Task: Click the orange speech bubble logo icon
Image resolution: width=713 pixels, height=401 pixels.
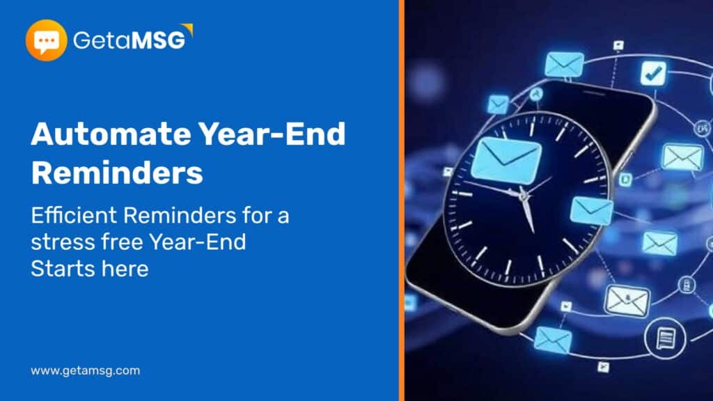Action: (x=46, y=40)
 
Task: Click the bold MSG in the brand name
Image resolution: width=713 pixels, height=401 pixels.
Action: (x=159, y=40)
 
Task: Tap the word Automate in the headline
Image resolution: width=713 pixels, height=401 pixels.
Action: (x=111, y=134)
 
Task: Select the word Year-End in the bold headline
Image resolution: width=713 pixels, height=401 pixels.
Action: (x=272, y=134)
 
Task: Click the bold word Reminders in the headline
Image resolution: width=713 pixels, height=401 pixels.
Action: (x=117, y=173)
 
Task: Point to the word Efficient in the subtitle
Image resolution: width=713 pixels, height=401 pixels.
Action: (x=74, y=215)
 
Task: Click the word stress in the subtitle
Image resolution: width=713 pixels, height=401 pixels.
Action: (x=63, y=242)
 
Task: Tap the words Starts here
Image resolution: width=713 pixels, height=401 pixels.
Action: (x=90, y=269)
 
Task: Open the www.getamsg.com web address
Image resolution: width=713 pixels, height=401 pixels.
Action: (x=86, y=370)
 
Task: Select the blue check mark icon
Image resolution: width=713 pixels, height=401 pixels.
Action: (x=653, y=73)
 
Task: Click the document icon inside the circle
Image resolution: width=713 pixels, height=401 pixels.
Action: (x=665, y=338)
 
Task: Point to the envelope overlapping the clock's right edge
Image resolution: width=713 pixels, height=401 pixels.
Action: (x=591, y=210)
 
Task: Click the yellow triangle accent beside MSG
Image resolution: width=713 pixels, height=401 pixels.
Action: (x=187, y=29)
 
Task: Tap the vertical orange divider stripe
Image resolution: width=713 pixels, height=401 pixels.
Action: (x=402, y=200)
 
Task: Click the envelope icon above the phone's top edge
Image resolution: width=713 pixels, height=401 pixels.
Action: (x=564, y=65)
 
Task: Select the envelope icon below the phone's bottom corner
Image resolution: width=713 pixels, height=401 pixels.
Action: (x=553, y=340)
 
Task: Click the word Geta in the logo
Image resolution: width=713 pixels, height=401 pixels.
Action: (x=102, y=40)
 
